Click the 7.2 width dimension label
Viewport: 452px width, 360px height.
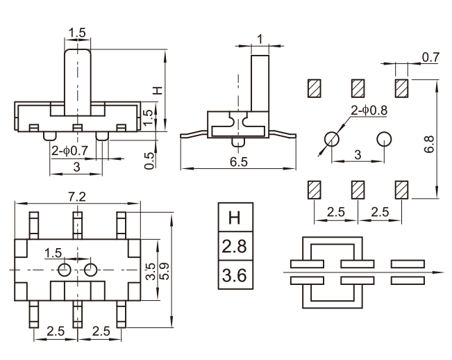pyautogui.click(x=77, y=197)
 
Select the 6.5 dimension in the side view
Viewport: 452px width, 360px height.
pyautogui.click(x=239, y=162)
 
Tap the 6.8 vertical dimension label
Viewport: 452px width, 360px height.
pyautogui.click(x=429, y=145)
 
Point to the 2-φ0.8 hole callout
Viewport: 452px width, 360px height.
pyautogui.click(x=369, y=111)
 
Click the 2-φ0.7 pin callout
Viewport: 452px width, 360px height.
pyautogui.click(x=69, y=150)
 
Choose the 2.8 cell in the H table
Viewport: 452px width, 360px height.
pyautogui.click(x=235, y=246)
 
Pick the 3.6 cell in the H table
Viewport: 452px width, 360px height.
pyautogui.click(x=235, y=275)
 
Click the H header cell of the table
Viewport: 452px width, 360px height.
pyautogui.click(x=235, y=218)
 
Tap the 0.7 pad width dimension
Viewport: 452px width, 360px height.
pyautogui.click(x=430, y=58)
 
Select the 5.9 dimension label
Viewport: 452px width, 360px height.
pyautogui.click(x=165, y=271)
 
